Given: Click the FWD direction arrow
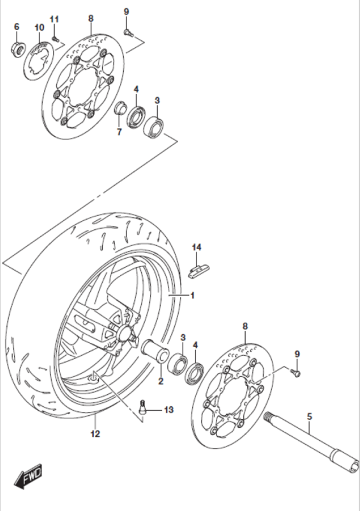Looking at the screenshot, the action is coord(28,475).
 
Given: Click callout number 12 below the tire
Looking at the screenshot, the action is coord(96,434).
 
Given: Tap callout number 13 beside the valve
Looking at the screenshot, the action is coord(169,409).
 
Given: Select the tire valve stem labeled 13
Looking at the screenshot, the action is coord(143,407).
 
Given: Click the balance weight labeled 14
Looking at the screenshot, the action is coord(199,271).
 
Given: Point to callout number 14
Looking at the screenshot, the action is coord(197,247).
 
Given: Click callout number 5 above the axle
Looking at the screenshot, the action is coord(310,416).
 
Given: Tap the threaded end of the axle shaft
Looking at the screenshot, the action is coord(268,416).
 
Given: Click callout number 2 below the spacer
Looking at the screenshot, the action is coord(161,381).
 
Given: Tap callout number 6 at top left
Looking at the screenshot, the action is coord(17,27).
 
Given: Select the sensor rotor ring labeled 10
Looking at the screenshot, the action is coord(38,61).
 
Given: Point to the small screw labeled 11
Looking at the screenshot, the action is coord(55,39).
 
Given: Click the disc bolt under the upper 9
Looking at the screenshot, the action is coord(128,32).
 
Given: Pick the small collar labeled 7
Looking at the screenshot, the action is coord(120,108).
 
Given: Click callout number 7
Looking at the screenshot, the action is coord(119,132).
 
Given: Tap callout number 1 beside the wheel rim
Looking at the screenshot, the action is coord(193,296).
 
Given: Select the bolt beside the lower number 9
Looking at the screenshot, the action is coord(296,373).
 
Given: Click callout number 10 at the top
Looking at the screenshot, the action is coord(39,27).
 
